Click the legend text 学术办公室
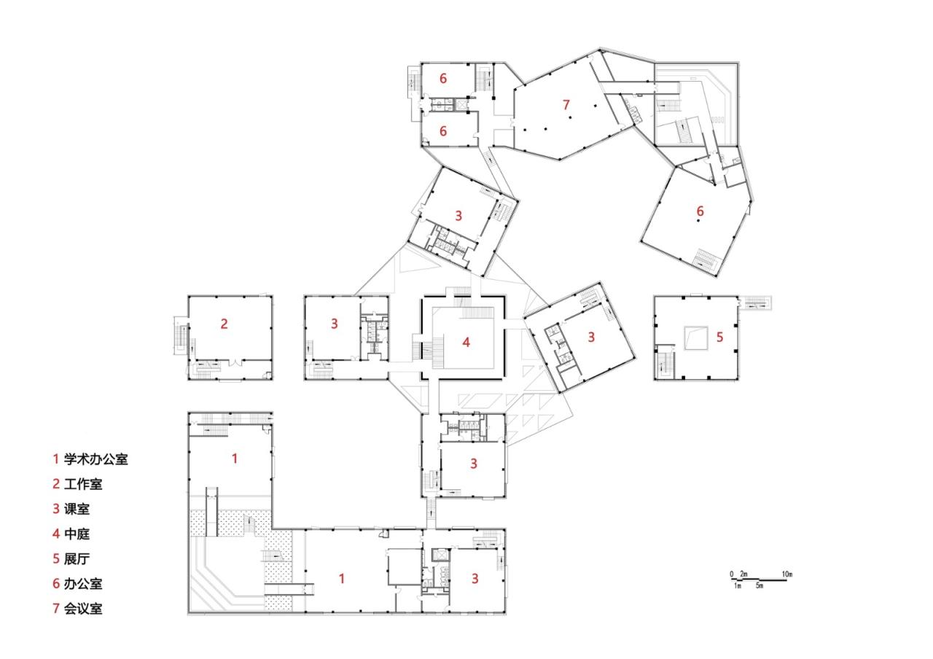(95, 459)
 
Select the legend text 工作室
(83, 484)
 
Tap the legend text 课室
(77, 509)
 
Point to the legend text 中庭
(77, 534)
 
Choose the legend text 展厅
(77, 558)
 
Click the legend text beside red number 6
(83, 583)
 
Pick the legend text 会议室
(83, 608)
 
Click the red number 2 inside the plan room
(225, 324)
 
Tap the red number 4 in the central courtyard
(466, 341)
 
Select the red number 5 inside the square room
(719, 337)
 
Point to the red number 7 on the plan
(566, 105)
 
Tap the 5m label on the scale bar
(759, 586)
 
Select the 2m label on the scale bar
(743, 575)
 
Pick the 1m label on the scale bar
(738, 586)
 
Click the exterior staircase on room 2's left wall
(180, 336)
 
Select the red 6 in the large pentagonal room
(700, 211)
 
